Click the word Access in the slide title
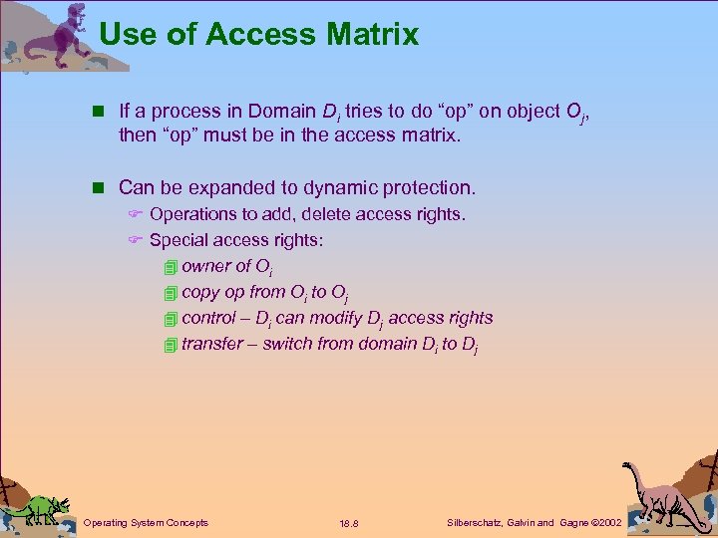(254, 35)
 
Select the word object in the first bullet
(508, 111)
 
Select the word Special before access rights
(178, 240)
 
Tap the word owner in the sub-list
(205, 266)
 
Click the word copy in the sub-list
(200, 292)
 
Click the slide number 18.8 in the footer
(350, 523)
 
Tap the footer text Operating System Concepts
(146, 522)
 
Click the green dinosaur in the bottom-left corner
(40, 508)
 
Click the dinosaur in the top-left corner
(66, 35)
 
